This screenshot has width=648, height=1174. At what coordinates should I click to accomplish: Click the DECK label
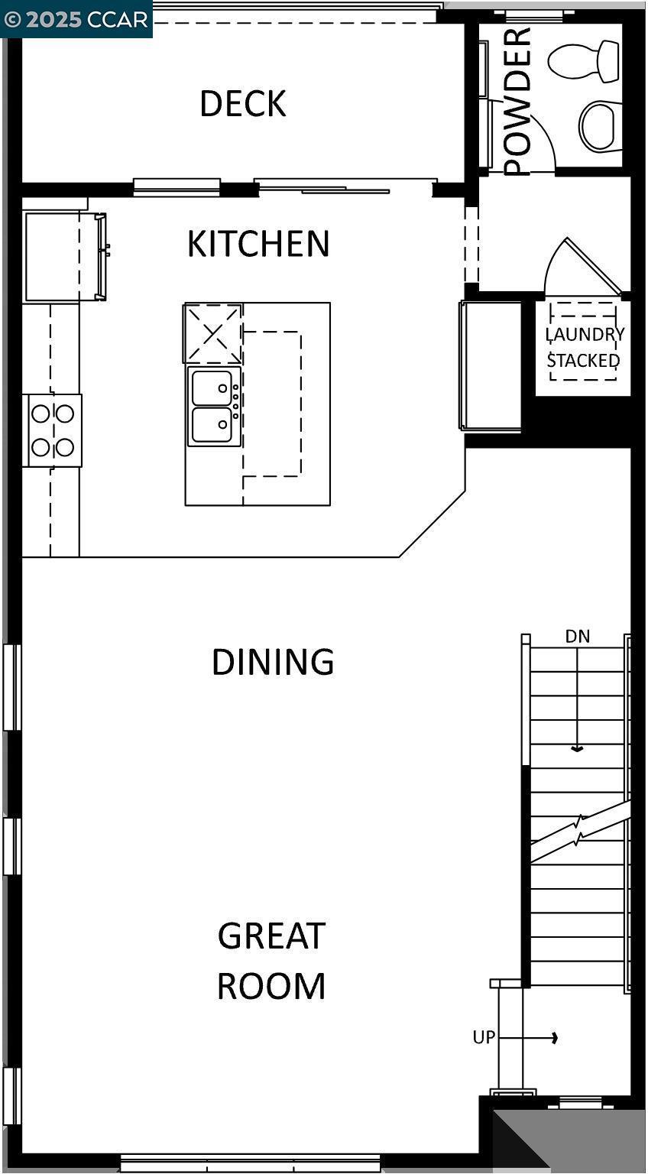point(243,104)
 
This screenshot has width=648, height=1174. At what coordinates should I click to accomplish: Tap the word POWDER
point(517,101)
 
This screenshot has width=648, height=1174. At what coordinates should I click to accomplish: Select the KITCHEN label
point(258,244)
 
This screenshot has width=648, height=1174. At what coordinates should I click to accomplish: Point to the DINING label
point(273,662)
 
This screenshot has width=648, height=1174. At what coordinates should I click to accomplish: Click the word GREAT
point(271,936)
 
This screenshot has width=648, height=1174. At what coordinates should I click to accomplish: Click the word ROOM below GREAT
point(271,986)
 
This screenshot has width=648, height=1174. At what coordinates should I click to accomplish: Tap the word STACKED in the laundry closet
point(583,360)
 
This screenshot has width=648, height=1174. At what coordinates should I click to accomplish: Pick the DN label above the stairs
point(578,636)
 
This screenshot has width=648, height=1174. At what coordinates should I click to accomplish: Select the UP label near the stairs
point(484,1037)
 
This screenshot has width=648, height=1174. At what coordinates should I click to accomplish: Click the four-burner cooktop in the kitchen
point(53,430)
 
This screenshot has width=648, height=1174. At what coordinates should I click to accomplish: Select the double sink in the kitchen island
point(213,406)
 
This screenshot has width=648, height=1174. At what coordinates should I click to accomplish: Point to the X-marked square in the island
point(213,333)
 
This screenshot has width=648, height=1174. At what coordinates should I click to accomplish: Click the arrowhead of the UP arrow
point(555,1037)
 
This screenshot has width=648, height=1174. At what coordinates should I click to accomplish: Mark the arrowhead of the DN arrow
point(578,749)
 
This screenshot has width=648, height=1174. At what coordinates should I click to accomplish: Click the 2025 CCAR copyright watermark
point(76,19)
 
